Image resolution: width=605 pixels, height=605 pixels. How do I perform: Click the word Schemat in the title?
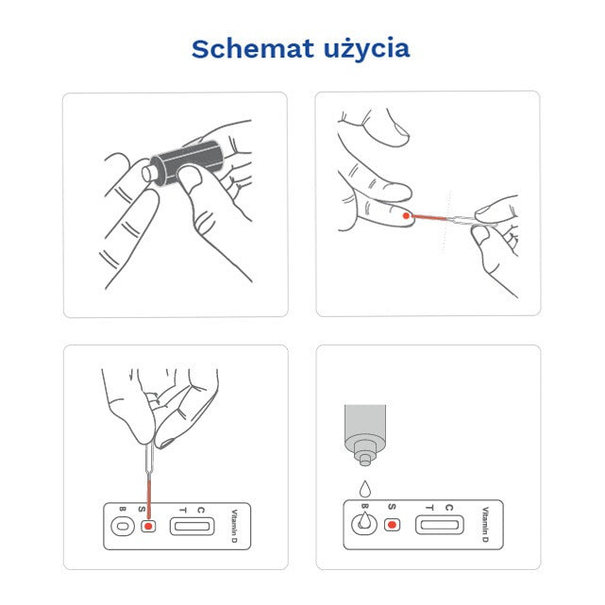click(249, 49)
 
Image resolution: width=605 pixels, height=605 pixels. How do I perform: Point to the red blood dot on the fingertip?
click(407, 216)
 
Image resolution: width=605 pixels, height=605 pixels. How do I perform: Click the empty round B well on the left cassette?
click(121, 526)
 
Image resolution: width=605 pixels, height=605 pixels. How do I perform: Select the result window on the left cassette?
click(191, 525)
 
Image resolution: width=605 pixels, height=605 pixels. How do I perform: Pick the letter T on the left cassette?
click(182, 509)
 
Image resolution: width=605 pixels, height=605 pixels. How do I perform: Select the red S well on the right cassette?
click(392, 524)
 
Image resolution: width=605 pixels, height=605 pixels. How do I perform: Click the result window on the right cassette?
click(438, 524)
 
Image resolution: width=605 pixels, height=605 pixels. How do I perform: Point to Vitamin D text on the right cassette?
click(484, 524)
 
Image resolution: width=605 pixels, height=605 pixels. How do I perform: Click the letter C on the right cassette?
click(449, 508)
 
